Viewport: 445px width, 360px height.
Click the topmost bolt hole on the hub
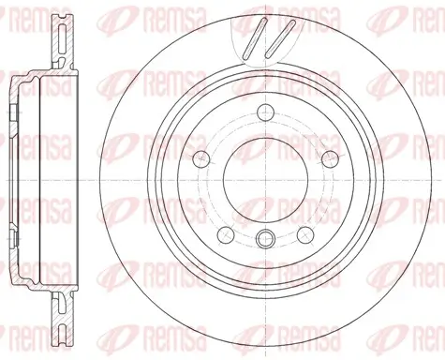(x=265, y=112)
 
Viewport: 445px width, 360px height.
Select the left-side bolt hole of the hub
(x=200, y=159)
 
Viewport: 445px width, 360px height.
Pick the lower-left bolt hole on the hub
(x=226, y=235)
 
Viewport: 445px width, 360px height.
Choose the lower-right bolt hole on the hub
(x=305, y=235)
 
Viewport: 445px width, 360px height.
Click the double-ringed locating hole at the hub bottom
(x=265, y=239)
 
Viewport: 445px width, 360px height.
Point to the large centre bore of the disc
(x=265, y=181)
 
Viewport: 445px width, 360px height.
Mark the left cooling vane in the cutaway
(x=255, y=38)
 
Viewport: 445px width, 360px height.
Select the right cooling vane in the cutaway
(x=280, y=38)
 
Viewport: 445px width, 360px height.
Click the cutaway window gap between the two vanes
(x=267, y=39)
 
